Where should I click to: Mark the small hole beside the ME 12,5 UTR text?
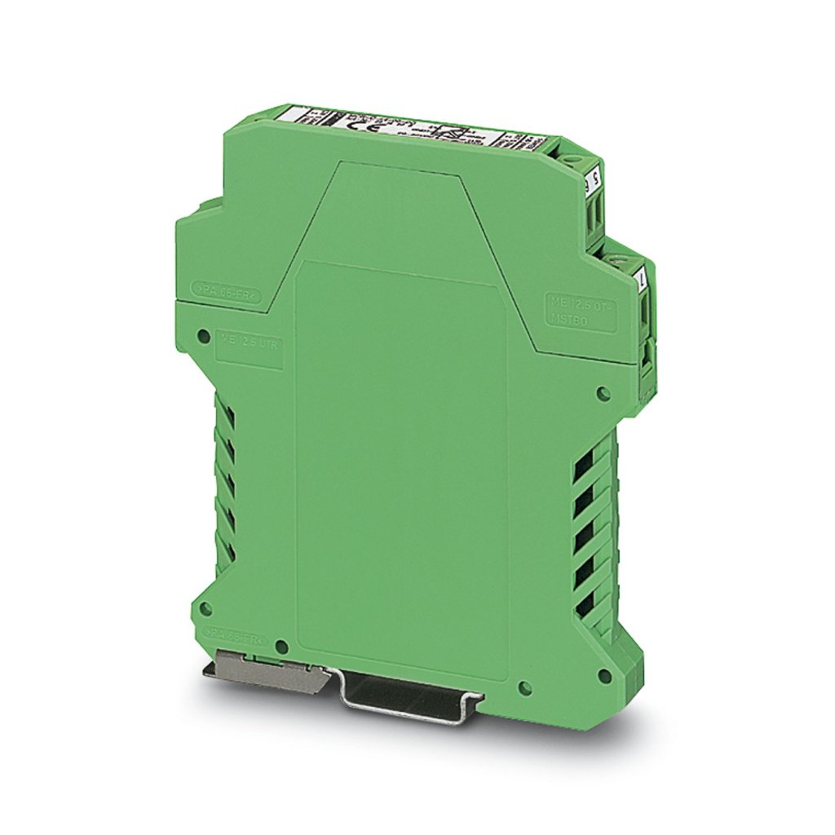(203, 333)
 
